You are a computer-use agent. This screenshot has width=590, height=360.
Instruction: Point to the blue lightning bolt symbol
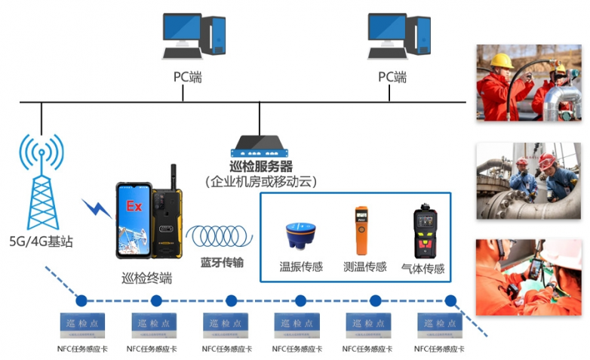pyautogui.click(x=96, y=208)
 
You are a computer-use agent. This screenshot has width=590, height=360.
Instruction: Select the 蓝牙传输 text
pyautogui.click(x=222, y=263)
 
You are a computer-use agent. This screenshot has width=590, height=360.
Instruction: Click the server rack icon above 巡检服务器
pyautogui.click(x=260, y=145)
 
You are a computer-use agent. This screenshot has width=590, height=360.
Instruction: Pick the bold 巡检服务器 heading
pyautogui.click(x=260, y=166)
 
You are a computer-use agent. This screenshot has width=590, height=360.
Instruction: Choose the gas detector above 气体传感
pyautogui.click(x=425, y=230)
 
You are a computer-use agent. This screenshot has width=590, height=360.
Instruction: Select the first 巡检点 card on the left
pyautogui.click(x=82, y=325)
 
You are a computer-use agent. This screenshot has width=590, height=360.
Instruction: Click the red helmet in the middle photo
pyautogui.click(x=547, y=161)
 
